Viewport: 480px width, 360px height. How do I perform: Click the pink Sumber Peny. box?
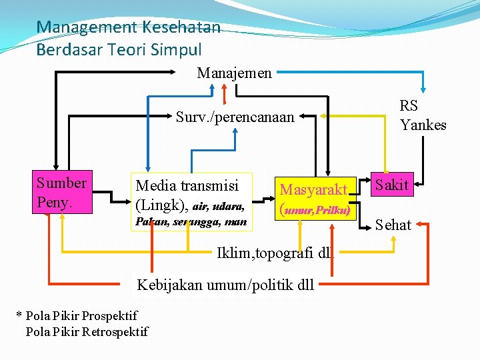point(61,193)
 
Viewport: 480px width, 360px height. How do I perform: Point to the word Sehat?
point(393,225)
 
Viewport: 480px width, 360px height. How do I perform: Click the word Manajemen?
point(234,73)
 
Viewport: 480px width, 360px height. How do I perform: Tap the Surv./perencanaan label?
point(235,117)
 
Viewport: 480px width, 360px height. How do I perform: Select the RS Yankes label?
point(423,115)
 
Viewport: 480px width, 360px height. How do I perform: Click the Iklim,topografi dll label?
point(274,253)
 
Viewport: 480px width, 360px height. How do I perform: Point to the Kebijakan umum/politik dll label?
point(225,285)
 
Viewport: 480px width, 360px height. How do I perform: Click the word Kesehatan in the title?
point(179,27)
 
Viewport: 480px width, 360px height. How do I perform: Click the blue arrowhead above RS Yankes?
point(423,92)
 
